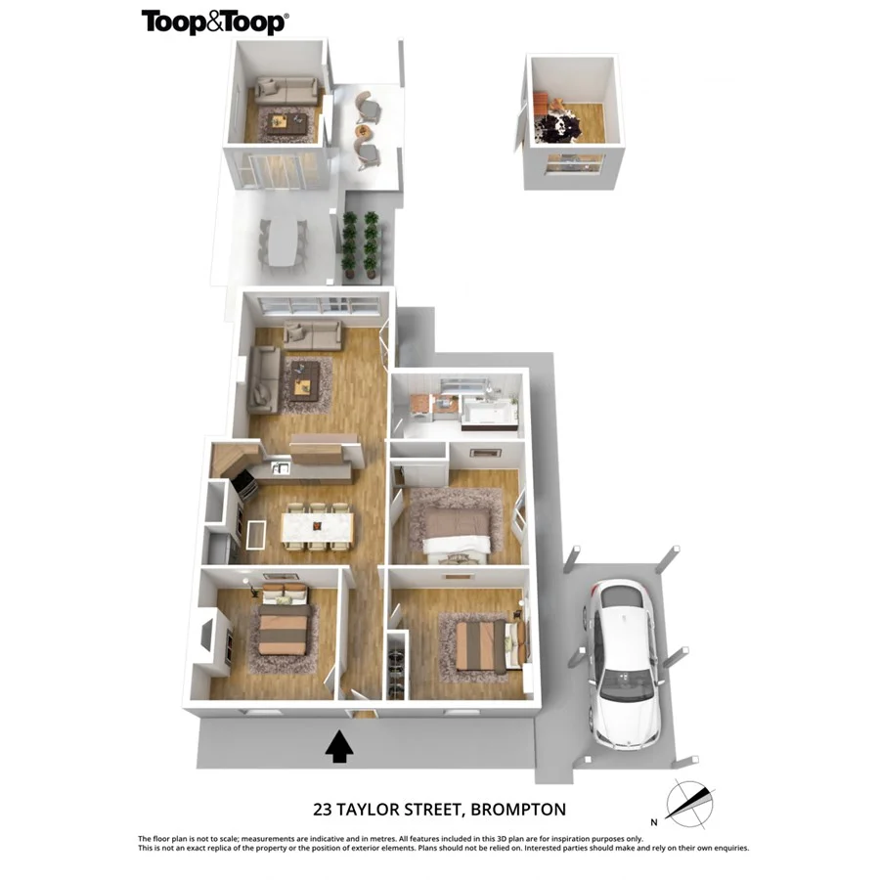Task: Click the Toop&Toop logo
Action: click(214, 22)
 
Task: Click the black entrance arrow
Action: click(338, 747)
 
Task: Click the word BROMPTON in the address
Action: click(518, 810)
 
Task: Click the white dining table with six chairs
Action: click(316, 528)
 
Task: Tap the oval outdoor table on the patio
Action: click(282, 242)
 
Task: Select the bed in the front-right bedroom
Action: click(482, 645)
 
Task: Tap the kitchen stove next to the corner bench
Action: click(242, 485)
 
